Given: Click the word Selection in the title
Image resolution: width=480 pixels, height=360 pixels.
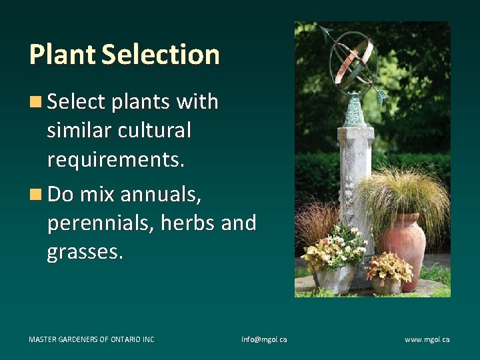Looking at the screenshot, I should [x=160, y=54].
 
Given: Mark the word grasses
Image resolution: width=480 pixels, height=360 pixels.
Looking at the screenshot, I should [x=85, y=253].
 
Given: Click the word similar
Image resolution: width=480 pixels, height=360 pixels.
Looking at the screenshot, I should [x=79, y=130].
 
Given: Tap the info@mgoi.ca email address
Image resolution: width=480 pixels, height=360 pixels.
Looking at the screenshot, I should [x=264, y=339].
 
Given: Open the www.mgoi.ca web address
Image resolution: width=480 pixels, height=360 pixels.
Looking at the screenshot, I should [x=427, y=339].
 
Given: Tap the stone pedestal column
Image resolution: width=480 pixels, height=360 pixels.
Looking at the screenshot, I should [x=355, y=173].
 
